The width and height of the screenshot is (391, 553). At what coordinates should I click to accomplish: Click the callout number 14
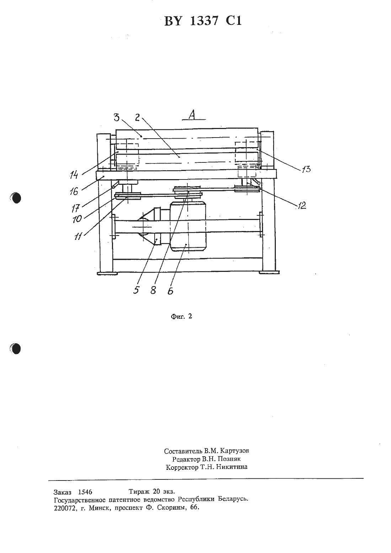coord(74,175)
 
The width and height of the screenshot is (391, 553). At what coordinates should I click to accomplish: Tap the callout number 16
coord(74,191)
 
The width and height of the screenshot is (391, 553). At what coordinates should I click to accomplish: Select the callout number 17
coord(75,209)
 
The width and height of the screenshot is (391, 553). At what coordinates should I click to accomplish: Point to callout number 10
coord(77,219)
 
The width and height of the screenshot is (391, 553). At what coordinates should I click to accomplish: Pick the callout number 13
coord(306,169)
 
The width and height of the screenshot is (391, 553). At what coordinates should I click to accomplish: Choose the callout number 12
coord(302,205)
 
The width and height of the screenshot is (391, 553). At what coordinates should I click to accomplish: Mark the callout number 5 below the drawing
coord(136,290)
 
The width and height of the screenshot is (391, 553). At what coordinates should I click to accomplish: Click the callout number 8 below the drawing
coord(153,290)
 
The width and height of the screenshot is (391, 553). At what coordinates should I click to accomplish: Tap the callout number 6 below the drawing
coord(170,291)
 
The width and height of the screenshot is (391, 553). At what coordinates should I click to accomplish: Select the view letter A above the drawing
coord(192,115)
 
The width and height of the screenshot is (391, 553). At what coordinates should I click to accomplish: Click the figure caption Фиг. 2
coord(181,317)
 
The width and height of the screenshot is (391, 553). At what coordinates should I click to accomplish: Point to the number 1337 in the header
coord(204,21)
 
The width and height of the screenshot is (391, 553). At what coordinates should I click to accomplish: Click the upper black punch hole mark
coord(16,198)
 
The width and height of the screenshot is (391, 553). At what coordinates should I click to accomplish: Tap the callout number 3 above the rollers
coord(117,118)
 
